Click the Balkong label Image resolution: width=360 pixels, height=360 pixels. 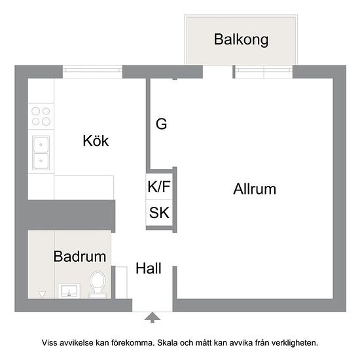point(241,40)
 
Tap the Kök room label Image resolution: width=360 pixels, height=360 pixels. point(96,141)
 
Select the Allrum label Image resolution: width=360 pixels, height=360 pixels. point(255,189)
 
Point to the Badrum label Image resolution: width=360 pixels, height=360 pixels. point(80,256)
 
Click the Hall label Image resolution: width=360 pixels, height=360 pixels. point(149,268)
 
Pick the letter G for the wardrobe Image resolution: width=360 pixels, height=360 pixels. point(162,124)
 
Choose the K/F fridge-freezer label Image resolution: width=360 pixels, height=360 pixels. point(159,187)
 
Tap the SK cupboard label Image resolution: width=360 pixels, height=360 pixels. point(159,213)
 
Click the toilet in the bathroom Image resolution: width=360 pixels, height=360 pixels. point(98,285)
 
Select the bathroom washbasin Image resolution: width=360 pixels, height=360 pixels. point(69,291)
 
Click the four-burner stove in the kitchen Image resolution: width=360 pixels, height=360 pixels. point(41,116)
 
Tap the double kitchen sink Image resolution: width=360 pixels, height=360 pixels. point(41,153)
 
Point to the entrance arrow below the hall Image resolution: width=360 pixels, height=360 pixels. point(153,317)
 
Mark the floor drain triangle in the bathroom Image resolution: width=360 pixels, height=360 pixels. point(42,295)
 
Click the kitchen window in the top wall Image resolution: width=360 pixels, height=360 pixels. point(92,72)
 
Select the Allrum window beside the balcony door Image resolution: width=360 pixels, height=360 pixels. point(264,72)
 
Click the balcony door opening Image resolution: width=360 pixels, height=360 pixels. point(218,72)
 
